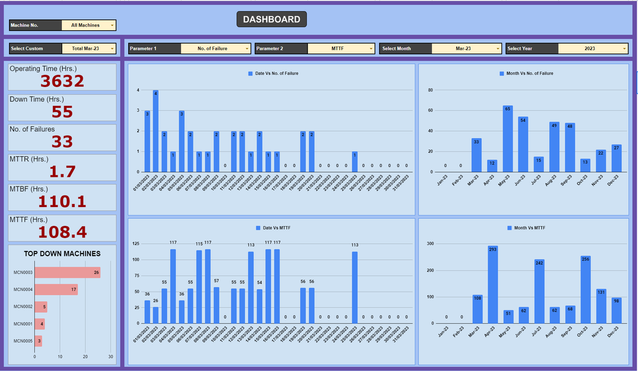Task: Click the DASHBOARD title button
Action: pos(271,19)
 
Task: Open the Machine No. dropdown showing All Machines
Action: pos(89,25)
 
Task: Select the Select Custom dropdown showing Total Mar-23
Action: pos(89,48)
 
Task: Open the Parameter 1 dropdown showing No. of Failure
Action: pos(215,48)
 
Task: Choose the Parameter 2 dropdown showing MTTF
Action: pos(341,48)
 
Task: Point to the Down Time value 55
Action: pos(63,112)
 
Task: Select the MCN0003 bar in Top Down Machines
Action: pos(67,273)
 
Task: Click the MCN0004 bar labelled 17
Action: pos(56,290)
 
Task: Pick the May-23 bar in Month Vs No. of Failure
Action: pos(508,139)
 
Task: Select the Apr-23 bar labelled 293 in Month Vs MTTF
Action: pos(492,285)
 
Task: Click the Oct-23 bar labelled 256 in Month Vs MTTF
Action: pos(585,290)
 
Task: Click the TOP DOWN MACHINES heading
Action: pos(63,254)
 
